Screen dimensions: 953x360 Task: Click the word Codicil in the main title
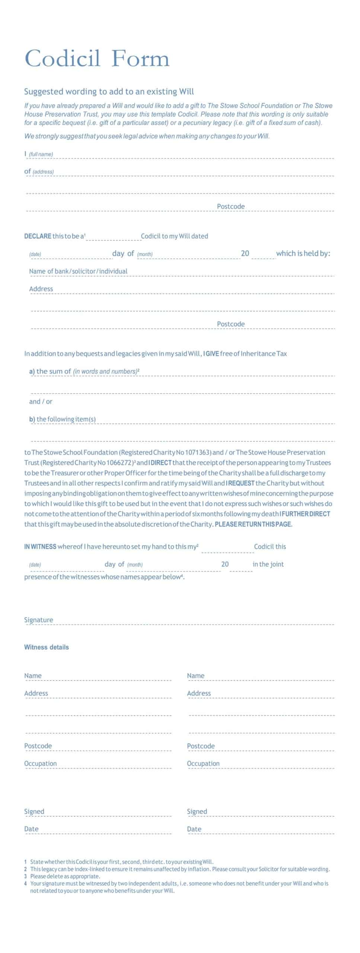(62, 59)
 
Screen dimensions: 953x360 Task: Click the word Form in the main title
(140, 59)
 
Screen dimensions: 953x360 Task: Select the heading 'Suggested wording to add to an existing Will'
(109, 92)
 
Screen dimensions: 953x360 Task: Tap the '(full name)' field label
(41, 154)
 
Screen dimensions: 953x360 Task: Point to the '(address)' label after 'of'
(43, 172)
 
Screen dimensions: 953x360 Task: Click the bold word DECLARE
(38, 236)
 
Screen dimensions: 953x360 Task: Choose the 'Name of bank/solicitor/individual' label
(78, 271)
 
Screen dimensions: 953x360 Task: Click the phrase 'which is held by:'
(303, 254)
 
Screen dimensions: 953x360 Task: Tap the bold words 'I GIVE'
(211, 354)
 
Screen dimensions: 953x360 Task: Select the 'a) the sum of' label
(50, 371)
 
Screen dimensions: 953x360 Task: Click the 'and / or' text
(41, 401)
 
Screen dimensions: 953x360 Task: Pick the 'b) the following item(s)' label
(63, 419)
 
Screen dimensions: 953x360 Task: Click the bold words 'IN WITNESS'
(40, 546)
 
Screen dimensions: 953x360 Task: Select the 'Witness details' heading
(47, 647)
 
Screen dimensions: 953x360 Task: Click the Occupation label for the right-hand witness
(203, 764)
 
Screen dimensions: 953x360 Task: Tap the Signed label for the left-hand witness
(34, 811)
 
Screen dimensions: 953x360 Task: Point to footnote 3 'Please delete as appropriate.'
(65, 876)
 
